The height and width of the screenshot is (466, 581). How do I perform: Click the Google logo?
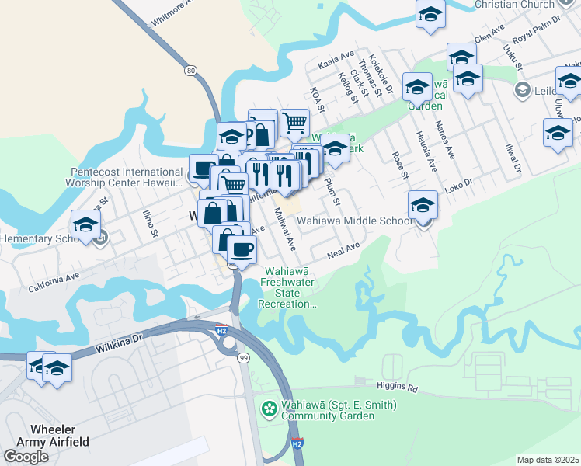[26, 456]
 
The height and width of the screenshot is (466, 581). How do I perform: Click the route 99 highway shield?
[244, 356]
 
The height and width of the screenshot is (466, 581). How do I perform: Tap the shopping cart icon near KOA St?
[294, 121]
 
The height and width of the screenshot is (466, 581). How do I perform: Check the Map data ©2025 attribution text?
[548, 460]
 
